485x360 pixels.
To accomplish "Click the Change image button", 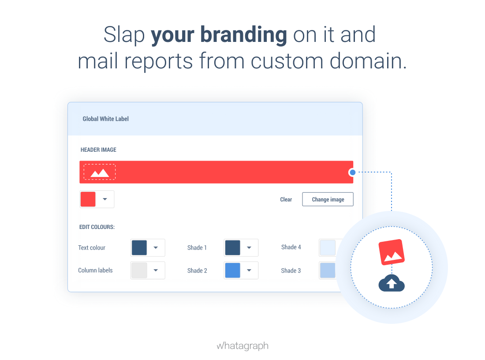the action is [x=328, y=199].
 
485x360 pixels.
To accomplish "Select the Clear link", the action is [x=286, y=200].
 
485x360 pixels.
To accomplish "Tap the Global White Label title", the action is [x=105, y=119].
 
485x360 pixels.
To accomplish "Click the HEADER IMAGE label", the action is [x=98, y=150].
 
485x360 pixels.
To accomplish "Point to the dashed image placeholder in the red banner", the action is [x=100, y=172].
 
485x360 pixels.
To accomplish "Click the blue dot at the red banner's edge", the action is [x=352, y=172].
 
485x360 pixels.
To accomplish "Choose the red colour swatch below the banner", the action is [x=88, y=199].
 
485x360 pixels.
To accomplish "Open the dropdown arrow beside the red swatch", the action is [x=105, y=199].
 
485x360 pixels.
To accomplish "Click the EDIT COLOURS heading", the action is [x=97, y=227].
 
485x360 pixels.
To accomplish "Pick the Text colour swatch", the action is [x=139, y=247].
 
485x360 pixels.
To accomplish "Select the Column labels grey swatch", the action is [x=139, y=270].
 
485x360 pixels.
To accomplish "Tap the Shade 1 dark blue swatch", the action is [x=233, y=247].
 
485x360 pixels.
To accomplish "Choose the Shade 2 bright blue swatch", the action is [x=233, y=270].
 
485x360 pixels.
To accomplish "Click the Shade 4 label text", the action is [x=291, y=247].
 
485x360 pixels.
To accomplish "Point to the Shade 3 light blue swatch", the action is [x=328, y=270].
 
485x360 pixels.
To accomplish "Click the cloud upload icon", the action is [x=392, y=283].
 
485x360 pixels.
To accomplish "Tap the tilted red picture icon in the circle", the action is [x=392, y=252].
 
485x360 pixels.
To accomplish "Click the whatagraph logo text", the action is [x=242, y=346].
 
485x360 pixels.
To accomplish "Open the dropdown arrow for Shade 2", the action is [x=249, y=270].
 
